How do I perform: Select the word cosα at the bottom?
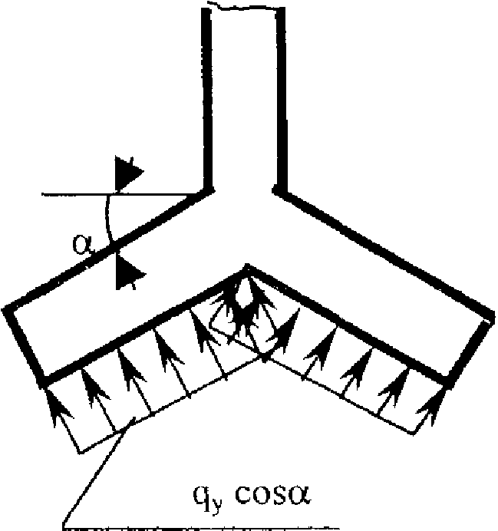(x=272, y=494)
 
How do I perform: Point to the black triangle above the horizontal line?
(x=127, y=173)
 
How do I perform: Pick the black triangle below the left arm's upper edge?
(x=128, y=272)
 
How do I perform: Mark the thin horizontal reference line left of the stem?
(x=120, y=194)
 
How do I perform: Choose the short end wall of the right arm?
(x=469, y=349)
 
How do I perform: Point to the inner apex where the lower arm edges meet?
(x=248, y=267)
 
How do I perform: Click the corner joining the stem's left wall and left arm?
(x=207, y=192)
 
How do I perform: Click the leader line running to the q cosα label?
(x=98, y=471)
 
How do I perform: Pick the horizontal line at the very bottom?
(x=196, y=528)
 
